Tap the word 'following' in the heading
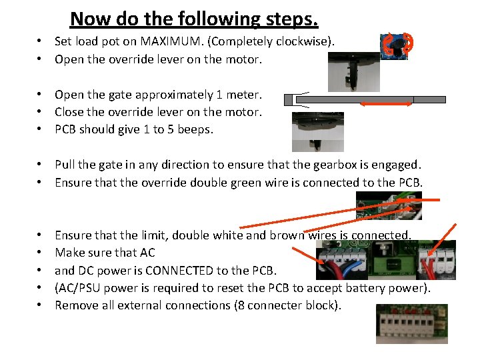coord(219,19)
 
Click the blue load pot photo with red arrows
coord(397,46)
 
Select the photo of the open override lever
coord(354,72)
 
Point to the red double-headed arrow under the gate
coord(386,104)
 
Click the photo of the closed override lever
coord(318,132)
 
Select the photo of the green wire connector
coord(389,205)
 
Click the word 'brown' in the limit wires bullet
coord(287,235)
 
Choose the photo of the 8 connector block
coord(412,324)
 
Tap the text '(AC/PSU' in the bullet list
coord(77,289)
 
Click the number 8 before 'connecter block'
coord(241,305)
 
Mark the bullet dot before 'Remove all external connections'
coord(39,305)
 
